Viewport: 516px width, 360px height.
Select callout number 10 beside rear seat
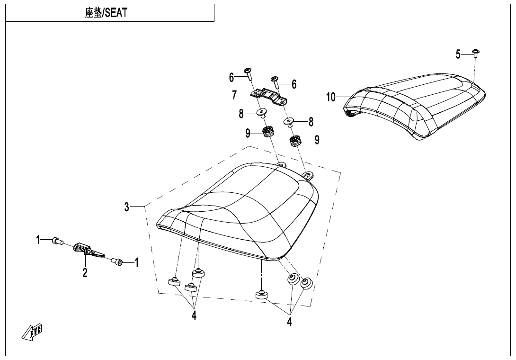[331, 98]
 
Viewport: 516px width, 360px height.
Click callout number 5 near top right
[458, 54]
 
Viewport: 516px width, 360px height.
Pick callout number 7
[234, 95]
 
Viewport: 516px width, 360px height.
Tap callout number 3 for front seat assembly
[127, 207]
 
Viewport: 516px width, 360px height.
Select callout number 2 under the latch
[85, 273]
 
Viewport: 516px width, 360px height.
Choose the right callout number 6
[294, 84]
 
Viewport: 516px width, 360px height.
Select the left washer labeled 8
[261, 113]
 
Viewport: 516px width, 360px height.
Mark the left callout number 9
[248, 134]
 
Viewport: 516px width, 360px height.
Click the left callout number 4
[194, 316]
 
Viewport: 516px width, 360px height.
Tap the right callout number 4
[289, 322]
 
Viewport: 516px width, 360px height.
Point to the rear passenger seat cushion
[417, 104]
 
